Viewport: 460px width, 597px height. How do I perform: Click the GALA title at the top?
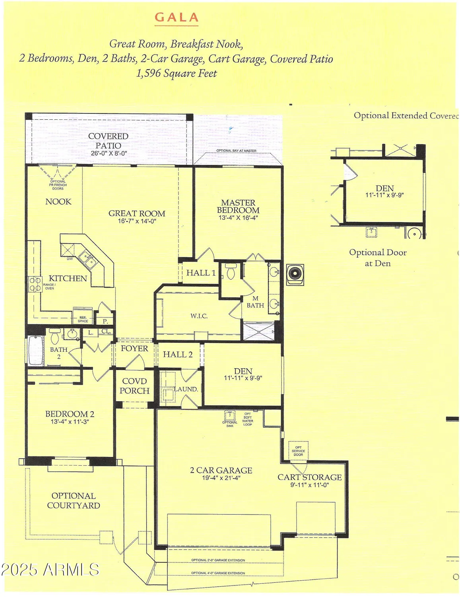(176, 18)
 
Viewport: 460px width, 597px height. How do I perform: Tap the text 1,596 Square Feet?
(177, 74)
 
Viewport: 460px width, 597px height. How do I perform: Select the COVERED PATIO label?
(108, 141)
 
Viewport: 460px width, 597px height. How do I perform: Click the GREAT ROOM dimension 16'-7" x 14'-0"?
(137, 221)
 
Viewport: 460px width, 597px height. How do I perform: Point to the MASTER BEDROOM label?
(238, 206)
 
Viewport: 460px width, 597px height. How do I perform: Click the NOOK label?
(58, 202)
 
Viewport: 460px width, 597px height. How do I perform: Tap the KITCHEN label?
(68, 278)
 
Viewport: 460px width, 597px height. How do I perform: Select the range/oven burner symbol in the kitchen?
(35, 283)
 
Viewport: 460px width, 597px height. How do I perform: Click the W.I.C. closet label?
(199, 316)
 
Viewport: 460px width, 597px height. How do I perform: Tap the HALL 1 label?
(201, 273)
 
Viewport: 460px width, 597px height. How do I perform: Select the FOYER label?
(134, 349)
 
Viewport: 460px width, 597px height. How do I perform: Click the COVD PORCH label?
(134, 386)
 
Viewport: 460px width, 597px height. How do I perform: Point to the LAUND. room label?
(186, 389)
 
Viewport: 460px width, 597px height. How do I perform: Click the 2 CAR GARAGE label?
(221, 470)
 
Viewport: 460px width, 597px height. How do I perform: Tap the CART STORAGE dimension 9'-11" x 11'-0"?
(309, 485)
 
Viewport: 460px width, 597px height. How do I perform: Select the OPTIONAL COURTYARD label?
(74, 501)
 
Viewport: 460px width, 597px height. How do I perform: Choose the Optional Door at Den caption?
(378, 258)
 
